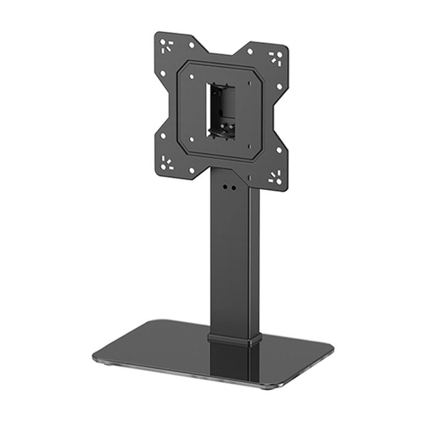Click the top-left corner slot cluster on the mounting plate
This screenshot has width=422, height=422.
pos(165,44)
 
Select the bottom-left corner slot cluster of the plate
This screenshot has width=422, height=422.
pos(167,162)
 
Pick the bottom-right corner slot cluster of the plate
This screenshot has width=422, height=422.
pos(276,177)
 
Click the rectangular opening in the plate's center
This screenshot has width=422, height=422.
pos(219,108)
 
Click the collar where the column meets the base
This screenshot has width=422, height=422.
pos(235,337)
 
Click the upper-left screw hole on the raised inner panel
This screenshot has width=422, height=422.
pos(191,77)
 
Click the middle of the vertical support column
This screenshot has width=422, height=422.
pos(235,259)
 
